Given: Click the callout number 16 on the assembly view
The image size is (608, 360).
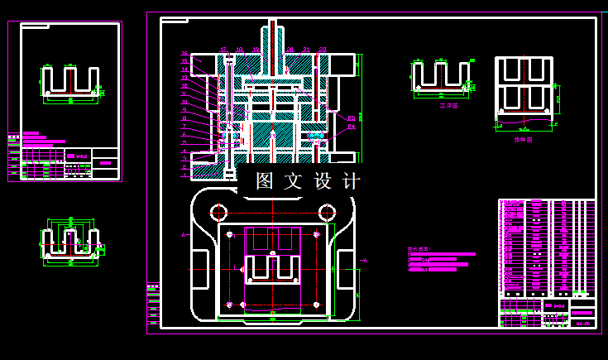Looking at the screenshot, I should tap(184, 54).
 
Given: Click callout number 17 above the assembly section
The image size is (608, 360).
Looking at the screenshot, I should tap(223, 50).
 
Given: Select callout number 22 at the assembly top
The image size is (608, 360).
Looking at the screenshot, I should tap(323, 50).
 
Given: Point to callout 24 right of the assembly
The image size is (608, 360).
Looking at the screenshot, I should tap(351, 127).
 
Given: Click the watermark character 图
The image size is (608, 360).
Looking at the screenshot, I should tap(265, 181).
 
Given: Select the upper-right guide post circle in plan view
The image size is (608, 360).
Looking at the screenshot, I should tap(327, 210).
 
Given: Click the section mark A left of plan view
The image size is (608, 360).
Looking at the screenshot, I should tap(183, 236).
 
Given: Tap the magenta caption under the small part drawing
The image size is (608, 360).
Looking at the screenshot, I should tap(449, 106).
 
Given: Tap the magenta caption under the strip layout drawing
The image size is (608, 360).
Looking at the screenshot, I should tap(523, 140).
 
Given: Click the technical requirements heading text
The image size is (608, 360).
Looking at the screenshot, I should tap(419, 247).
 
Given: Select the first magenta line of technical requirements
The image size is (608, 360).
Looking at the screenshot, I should tap(441, 255).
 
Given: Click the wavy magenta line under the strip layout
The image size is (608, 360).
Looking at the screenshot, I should tap(523, 127).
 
